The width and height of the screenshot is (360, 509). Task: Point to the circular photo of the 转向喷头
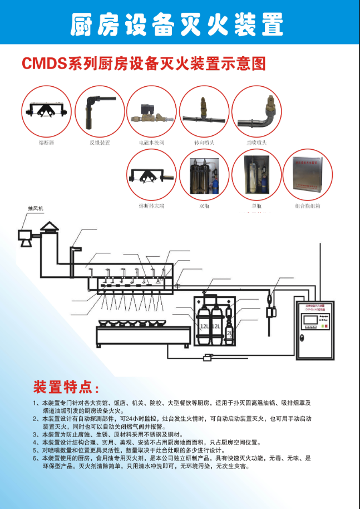pos(204,110)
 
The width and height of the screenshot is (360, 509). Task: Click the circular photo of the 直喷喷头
pos(257,110)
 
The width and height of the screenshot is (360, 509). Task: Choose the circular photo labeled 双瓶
pos(204,174)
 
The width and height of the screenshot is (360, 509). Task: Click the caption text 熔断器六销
pos(151,205)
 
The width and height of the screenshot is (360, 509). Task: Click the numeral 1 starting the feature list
pos(36,402)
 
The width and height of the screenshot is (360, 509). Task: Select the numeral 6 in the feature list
pos(36,458)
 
